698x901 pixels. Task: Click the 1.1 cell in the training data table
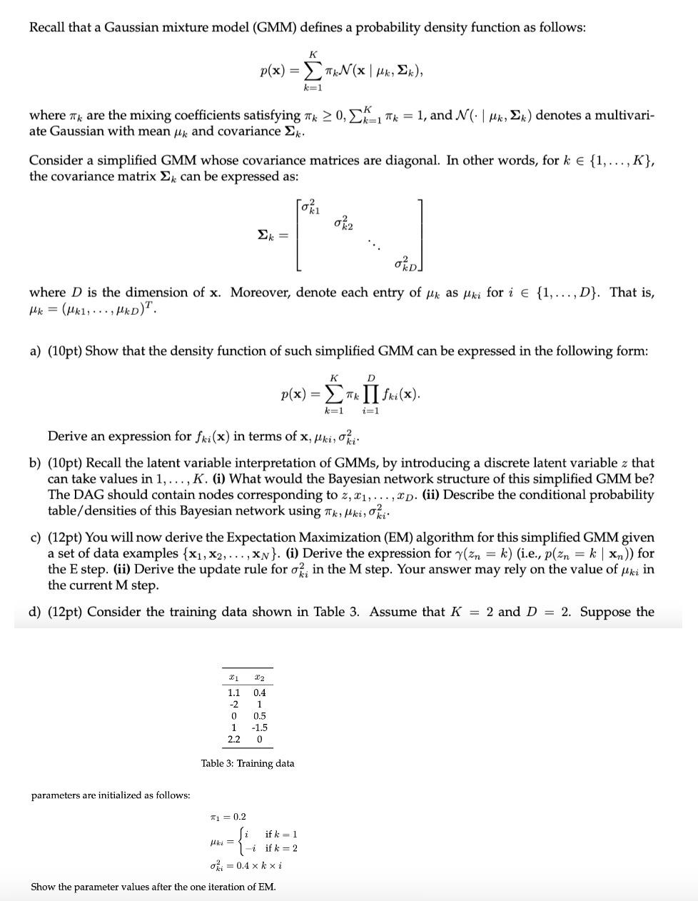(233, 693)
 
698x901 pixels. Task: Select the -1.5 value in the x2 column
(259, 728)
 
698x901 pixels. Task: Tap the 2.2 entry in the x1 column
(233, 739)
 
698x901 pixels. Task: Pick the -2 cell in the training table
(233, 704)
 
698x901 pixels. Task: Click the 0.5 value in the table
(260, 716)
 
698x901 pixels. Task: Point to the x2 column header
(260, 677)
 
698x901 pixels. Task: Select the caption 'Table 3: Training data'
(248, 763)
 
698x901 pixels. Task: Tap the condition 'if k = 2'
(281, 848)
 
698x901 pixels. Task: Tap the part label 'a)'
(35, 351)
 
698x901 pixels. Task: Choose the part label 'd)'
(35, 612)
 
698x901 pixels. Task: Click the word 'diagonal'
(413, 160)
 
